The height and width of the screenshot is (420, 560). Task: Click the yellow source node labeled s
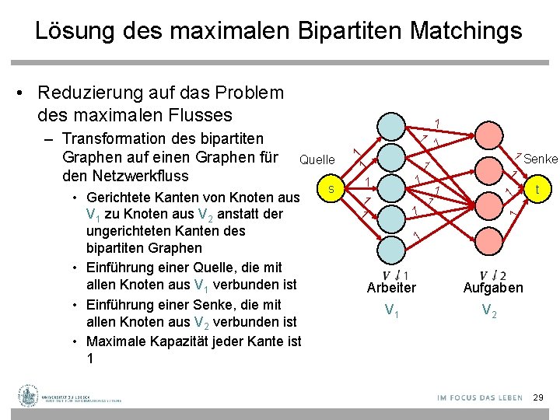pos(331,189)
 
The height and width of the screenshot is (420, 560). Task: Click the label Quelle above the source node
pos(317,160)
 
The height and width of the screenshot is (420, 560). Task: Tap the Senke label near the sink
pos(541,159)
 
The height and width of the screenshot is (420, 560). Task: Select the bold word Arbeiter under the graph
pos(391,288)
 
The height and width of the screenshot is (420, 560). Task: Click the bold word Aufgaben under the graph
pos(493,288)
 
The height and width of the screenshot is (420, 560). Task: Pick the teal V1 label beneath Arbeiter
pos(393,312)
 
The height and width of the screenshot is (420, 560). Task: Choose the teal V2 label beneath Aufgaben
pos(490,312)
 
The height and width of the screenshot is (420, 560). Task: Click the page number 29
pos(537,397)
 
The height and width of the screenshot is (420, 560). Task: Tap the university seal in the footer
pos(30,395)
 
